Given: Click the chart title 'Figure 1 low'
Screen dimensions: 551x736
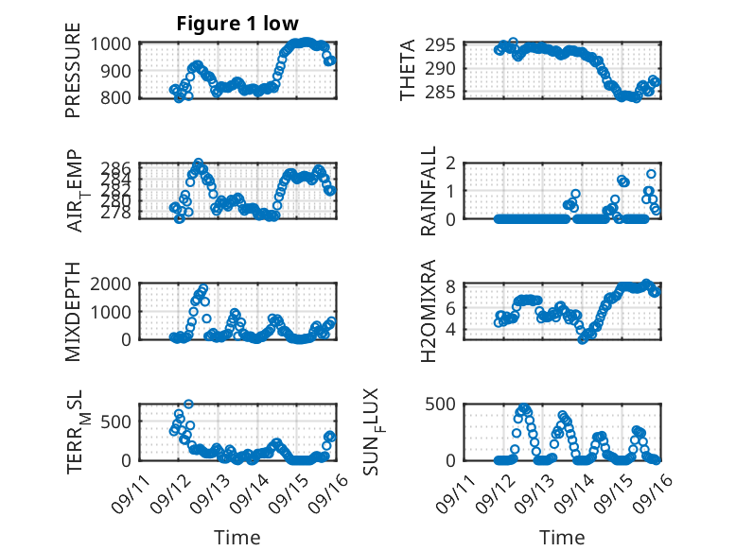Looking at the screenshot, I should pyautogui.click(x=237, y=24).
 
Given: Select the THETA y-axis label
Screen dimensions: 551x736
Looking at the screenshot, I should pyautogui.click(x=407, y=70).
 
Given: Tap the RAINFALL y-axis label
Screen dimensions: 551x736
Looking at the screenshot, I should pyautogui.click(x=429, y=191).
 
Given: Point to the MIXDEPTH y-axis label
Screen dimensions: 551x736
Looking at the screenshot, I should pyautogui.click(x=73, y=312).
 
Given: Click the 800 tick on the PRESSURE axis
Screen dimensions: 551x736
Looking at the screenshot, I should pyautogui.click(x=121, y=97).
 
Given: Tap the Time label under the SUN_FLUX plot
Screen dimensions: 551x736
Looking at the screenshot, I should pyautogui.click(x=562, y=538).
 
